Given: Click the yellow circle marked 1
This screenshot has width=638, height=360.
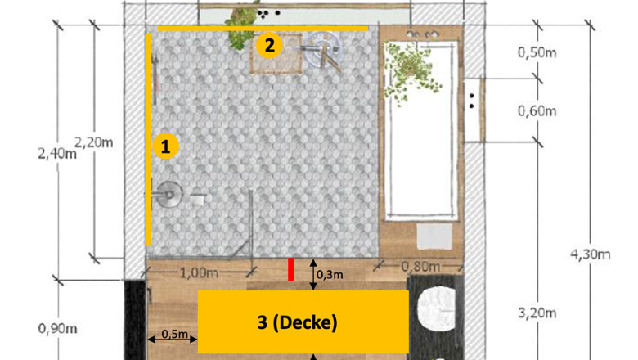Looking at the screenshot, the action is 165,146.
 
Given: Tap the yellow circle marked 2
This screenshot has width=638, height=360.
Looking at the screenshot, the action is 269,45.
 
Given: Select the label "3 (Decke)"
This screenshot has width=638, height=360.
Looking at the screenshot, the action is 298,322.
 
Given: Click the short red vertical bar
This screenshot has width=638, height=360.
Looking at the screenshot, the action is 291,270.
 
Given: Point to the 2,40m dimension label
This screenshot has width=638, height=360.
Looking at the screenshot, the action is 57,154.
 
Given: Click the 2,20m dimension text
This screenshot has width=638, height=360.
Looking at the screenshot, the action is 93,142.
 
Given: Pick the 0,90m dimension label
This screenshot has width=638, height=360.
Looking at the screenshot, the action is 58,328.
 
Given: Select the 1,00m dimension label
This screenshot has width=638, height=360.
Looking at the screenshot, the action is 199,272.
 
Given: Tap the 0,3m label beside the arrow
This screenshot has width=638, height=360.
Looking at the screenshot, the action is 330,275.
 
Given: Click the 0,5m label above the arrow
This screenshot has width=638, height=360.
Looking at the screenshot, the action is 174,334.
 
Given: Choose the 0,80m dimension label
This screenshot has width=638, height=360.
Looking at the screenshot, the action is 420,267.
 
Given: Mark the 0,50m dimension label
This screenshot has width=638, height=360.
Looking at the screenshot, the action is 537,52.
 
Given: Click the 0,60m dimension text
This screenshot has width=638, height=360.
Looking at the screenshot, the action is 537,110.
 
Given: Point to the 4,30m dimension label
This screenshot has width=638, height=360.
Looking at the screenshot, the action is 591,254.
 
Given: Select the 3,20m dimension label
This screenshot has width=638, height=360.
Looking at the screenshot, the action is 537,313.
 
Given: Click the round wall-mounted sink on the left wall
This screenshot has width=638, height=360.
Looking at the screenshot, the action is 168,195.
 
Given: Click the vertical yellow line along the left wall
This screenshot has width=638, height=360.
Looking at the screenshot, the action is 148,140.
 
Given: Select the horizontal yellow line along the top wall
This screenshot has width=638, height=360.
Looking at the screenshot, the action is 263,29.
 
